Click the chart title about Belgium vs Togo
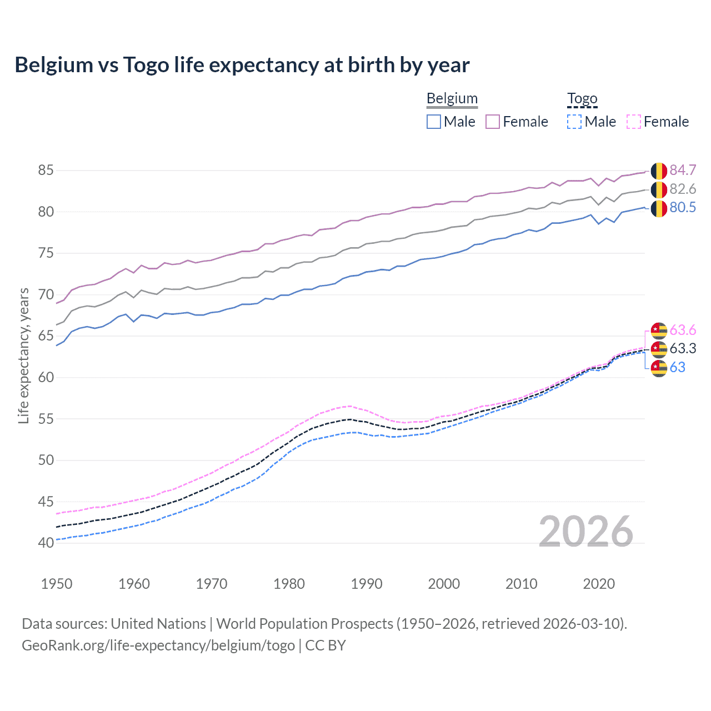tap(242, 65)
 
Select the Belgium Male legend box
tap(434, 122)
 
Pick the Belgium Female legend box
tap(493, 122)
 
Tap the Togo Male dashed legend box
tap(574, 122)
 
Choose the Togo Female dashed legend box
tap(633, 122)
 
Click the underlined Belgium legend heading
tap(452, 99)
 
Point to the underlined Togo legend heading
tap(582, 99)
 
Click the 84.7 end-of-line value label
tap(683, 170)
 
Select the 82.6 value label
tap(683, 189)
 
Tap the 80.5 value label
tap(683, 208)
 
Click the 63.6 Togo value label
tap(683, 331)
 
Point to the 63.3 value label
tap(683, 348)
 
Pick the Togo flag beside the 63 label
tap(659, 368)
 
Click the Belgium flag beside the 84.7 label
tap(659, 171)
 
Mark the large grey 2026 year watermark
tap(585, 532)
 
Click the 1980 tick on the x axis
tap(289, 584)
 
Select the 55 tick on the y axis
tap(46, 419)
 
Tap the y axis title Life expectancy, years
tap(23, 355)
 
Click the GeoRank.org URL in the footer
tap(158, 645)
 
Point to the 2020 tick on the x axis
tap(598, 584)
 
